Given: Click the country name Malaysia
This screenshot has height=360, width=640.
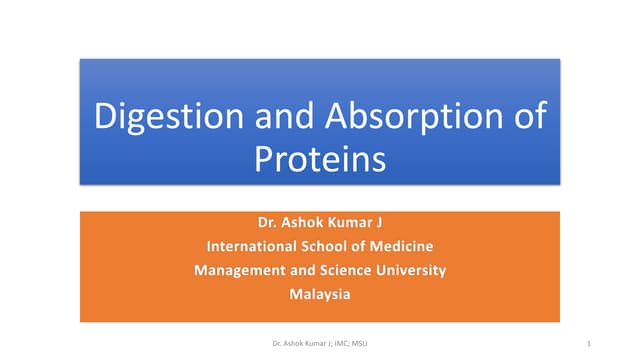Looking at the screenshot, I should click(320, 294).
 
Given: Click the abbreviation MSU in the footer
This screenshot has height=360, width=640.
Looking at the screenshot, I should click(361, 343).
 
